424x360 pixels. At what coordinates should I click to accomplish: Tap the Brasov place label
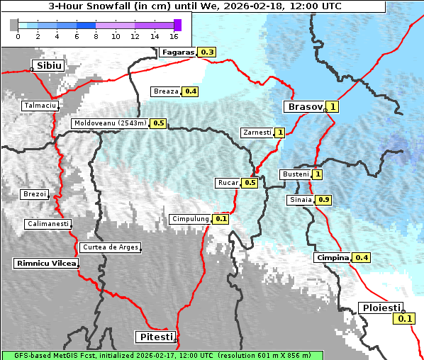point(304,107)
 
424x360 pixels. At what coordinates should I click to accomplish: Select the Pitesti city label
point(154,337)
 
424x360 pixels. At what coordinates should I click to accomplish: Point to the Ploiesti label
point(381,308)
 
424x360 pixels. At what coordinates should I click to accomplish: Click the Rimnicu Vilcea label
point(45,263)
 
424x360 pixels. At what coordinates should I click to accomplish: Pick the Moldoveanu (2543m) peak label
point(110,123)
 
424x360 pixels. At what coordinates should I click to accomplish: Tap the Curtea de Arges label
point(110,247)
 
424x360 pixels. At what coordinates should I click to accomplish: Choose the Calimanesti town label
point(48,224)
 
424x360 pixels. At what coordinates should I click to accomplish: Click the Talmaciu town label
point(40,105)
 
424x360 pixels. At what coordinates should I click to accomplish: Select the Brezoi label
point(35,194)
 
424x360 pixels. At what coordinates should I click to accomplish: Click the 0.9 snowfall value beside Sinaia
point(323,200)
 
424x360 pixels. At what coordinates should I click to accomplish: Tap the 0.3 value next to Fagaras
point(207,52)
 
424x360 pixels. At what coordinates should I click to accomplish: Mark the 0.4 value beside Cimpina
point(362,257)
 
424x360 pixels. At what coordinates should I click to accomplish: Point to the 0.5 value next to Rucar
point(250,183)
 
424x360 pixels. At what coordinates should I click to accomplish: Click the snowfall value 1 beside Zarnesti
point(280,133)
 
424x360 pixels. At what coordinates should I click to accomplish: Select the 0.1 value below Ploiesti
point(405,319)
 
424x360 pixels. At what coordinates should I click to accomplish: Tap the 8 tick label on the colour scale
point(96,35)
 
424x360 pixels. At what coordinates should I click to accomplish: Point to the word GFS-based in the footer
point(23,355)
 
